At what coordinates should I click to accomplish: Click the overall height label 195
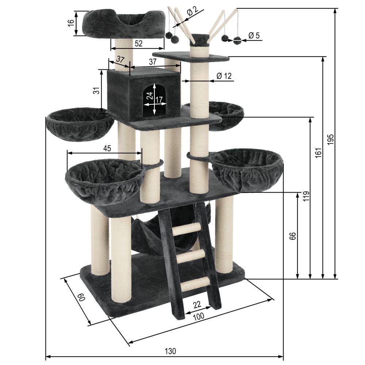tap(330, 139)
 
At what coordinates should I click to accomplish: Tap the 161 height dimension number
tap(318, 153)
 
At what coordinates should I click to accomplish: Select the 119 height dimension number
tap(306, 196)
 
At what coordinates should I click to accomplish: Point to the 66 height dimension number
tap(293, 235)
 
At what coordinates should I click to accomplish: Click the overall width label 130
tap(170, 351)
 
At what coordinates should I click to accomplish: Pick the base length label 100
tap(199, 316)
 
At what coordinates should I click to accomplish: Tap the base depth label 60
tap(81, 297)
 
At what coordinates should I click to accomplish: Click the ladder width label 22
tap(197, 304)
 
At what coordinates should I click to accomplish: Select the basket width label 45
tap(107, 148)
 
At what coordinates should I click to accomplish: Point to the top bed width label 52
tap(138, 43)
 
